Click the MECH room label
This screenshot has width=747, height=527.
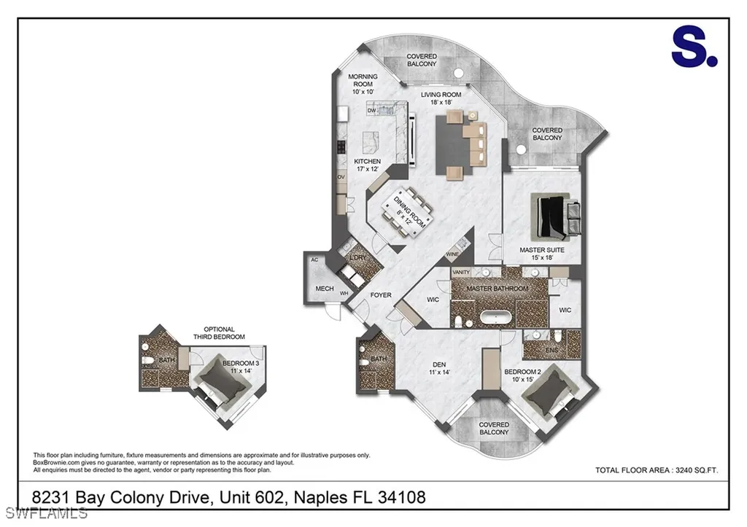coord(325,289)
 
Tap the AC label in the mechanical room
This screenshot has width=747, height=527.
coord(314,259)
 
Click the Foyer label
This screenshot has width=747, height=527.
coord(381,295)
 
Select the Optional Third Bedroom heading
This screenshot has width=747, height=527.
coord(219,333)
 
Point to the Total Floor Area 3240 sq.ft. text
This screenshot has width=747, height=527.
coord(657,470)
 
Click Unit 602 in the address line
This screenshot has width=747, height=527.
coord(252,498)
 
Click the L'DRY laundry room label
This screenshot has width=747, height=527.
coord(357,259)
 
